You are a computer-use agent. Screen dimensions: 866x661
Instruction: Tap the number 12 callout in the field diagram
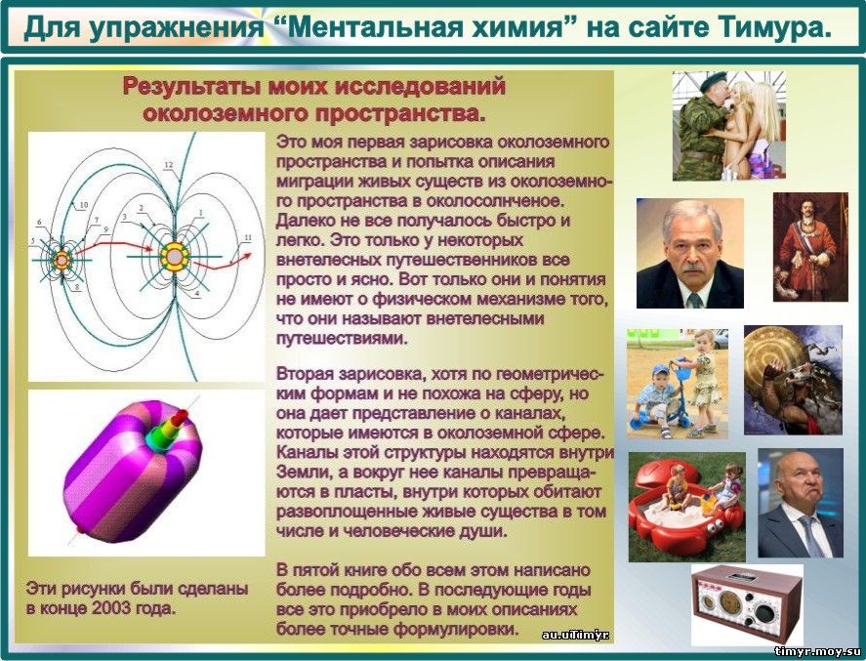coord(169,165)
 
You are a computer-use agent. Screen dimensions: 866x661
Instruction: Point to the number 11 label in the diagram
coord(248,237)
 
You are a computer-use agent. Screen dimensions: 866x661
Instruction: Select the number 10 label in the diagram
coord(84,205)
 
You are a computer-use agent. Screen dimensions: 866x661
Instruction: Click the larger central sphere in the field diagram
coord(175,257)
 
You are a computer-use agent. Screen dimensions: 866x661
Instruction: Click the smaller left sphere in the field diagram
coord(62,260)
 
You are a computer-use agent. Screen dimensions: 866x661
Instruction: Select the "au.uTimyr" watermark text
coord(575,635)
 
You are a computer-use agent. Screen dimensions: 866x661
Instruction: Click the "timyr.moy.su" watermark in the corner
coord(818,651)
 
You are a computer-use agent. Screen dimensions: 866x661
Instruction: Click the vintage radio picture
coord(748,604)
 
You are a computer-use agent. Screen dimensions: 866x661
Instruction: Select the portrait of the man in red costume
coord(810,247)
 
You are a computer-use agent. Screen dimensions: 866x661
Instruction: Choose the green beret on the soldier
coord(714,82)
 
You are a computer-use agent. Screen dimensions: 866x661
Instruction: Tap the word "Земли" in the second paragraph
coord(302,473)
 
